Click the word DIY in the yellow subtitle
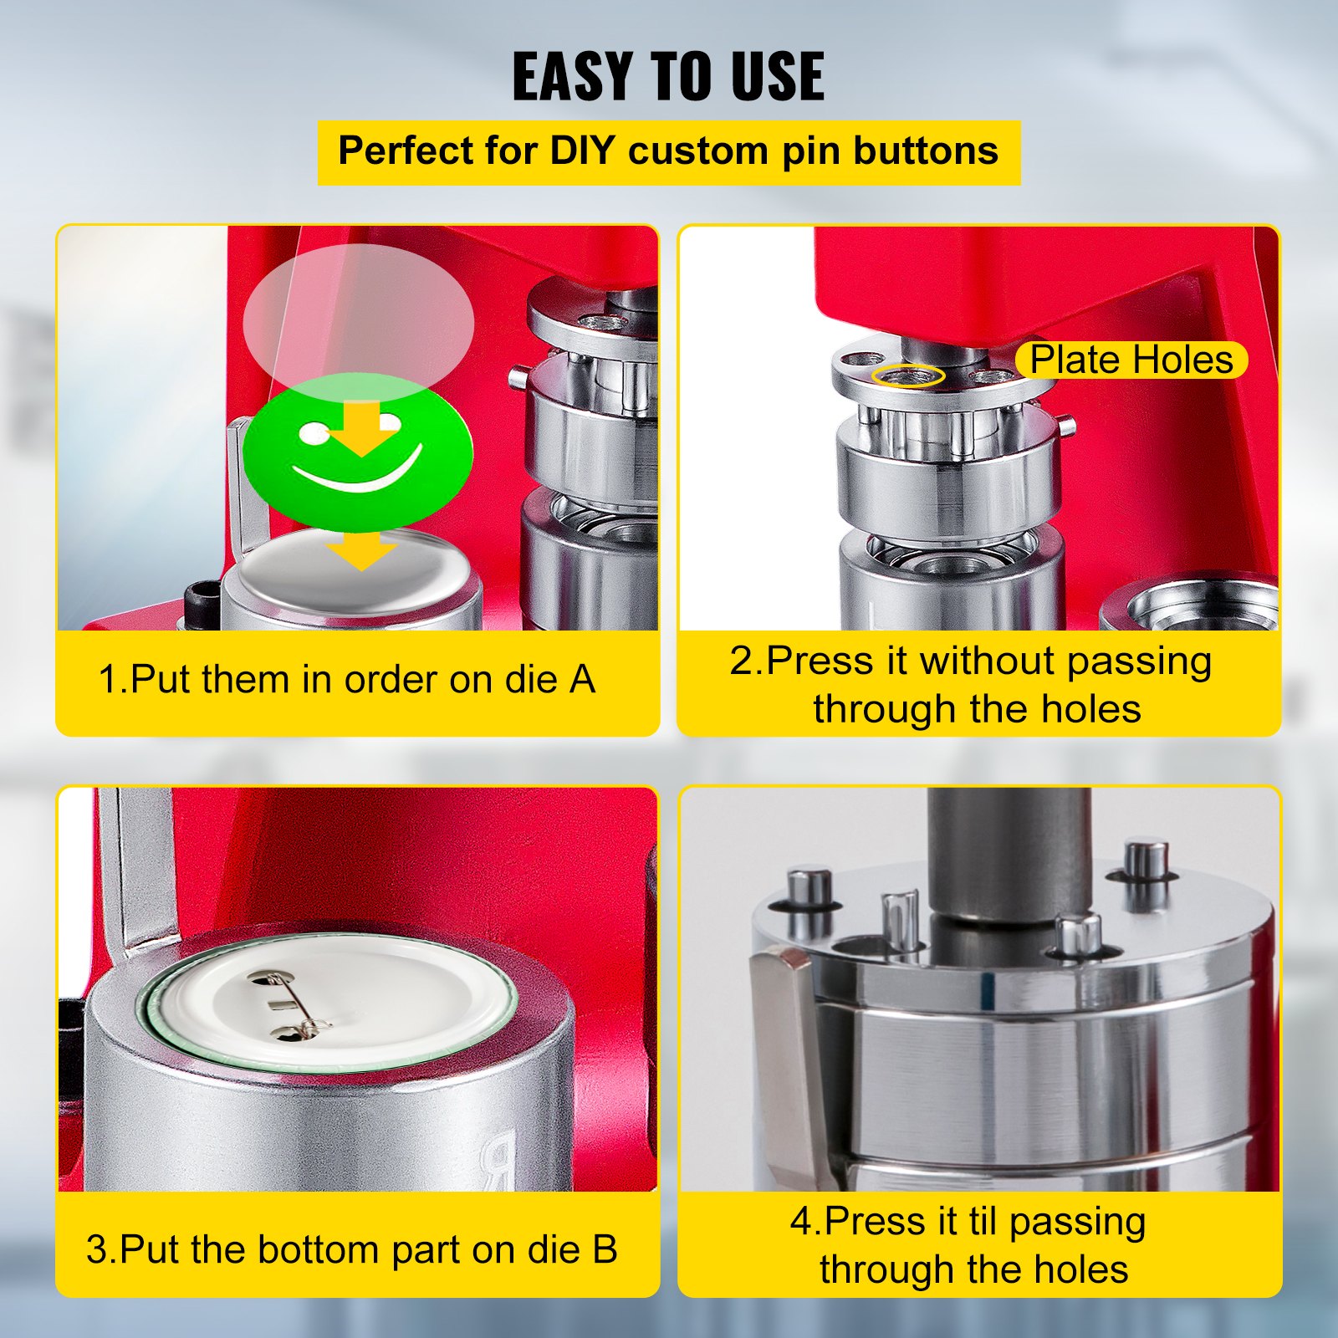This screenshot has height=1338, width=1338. click(582, 151)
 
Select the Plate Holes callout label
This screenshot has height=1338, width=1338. click(1131, 360)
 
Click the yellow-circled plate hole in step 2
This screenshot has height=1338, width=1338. click(907, 375)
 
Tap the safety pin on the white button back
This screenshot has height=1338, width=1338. click(293, 1007)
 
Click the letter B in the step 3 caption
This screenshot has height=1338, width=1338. click(604, 1249)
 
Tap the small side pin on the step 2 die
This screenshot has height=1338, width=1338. click(1067, 426)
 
